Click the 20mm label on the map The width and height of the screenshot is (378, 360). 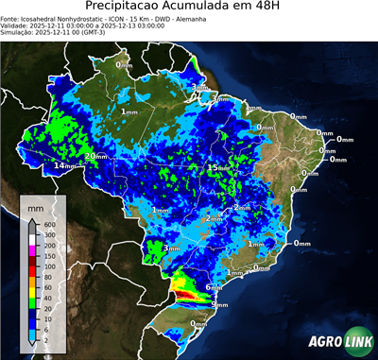tap(96, 156)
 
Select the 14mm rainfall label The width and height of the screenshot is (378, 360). tap(65, 166)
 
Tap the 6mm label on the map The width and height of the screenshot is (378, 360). tap(214, 286)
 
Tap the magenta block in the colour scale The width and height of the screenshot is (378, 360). tap(32, 250)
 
